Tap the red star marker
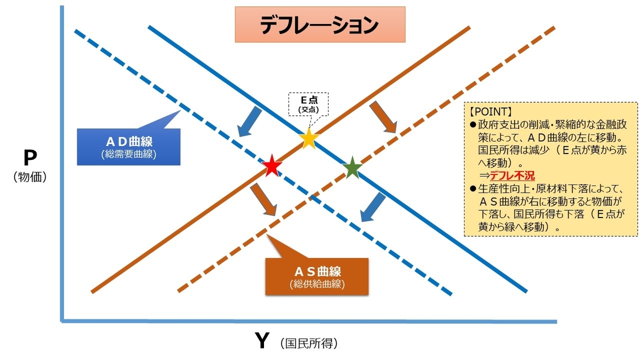click(272, 166)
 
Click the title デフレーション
click(319, 25)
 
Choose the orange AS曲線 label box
click(317, 276)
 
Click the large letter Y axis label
click(261, 341)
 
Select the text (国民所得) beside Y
click(309, 343)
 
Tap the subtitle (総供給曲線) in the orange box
click(317, 284)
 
